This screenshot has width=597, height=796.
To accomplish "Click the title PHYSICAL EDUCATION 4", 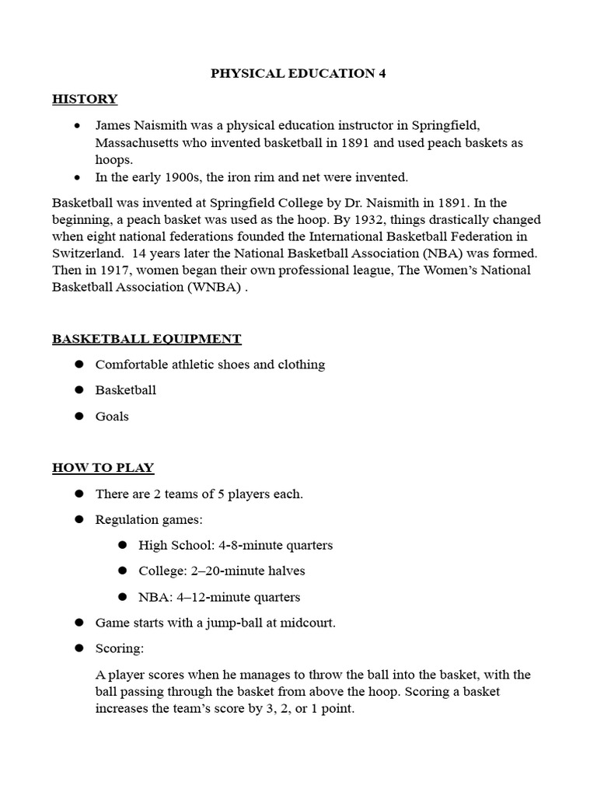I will [298, 73].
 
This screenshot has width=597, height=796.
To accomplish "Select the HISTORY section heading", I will [85, 99].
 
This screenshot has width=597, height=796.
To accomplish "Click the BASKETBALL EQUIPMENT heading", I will [146, 339].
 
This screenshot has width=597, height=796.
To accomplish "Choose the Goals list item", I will [112, 417].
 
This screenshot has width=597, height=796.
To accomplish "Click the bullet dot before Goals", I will [79, 417].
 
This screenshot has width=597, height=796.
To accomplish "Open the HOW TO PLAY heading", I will [103, 468].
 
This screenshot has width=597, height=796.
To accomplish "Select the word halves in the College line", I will [285, 571].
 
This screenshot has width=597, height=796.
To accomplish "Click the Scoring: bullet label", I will [120, 648].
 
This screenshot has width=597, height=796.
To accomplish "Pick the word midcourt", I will [307, 623].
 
